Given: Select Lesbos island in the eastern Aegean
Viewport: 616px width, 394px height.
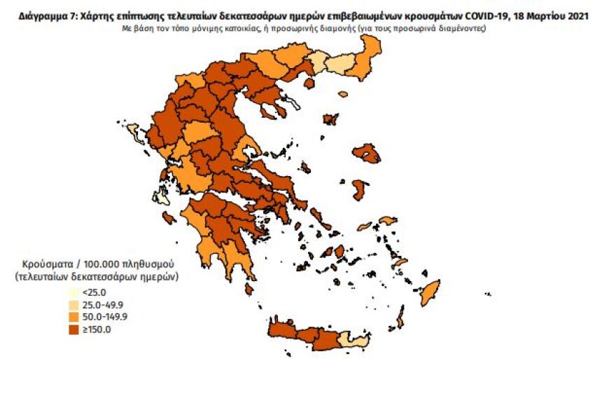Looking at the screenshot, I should coord(366,153).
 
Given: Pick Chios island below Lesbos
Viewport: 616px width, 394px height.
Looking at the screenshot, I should coord(360,190).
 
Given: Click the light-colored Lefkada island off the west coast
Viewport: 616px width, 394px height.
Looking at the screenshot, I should coord(162,195).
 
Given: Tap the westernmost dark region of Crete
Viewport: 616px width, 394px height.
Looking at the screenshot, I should coord(280,331).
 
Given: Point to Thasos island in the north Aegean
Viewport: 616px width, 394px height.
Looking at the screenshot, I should coord(309,83).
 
